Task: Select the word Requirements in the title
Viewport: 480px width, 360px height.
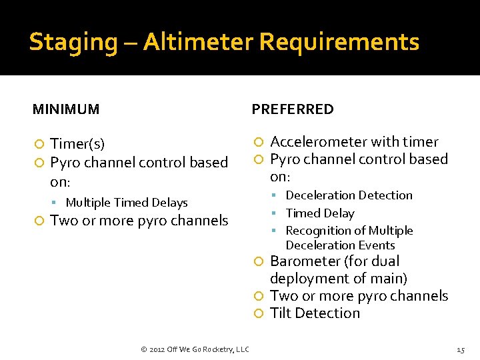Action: click(339, 42)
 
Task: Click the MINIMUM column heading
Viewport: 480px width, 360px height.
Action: click(66, 109)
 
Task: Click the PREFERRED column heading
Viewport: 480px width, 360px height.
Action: click(293, 109)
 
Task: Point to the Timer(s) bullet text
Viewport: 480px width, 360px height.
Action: click(77, 144)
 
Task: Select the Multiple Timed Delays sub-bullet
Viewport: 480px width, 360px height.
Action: click(127, 203)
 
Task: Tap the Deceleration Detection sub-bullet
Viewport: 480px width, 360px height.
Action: click(349, 195)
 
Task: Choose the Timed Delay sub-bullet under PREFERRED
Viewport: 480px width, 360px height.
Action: click(319, 213)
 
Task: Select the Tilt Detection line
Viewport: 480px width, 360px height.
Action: click(315, 313)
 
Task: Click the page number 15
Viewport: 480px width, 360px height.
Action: click(460, 349)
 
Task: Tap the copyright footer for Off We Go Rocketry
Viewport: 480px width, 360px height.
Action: click(195, 349)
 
